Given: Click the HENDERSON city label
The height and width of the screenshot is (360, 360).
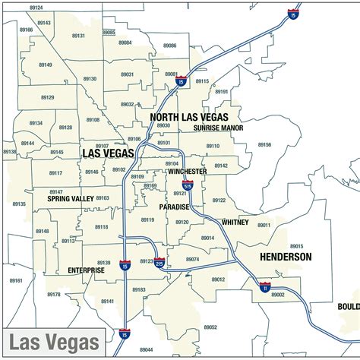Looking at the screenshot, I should [286, 257].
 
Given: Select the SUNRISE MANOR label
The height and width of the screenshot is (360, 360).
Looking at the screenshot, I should [218, 128].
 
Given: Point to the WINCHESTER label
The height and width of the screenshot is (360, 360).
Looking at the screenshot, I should [185, 172].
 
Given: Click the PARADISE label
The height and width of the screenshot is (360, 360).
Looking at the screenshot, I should [174, 207].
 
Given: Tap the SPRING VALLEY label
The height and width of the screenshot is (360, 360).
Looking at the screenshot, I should [70, 198].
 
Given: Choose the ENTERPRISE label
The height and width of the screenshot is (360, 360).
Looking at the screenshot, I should [87, 270].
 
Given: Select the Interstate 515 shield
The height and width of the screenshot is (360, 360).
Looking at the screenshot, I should [188, 185].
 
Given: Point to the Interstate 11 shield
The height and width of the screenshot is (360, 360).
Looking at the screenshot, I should [264, 288].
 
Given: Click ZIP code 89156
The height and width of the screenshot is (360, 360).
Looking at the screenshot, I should [264, 144].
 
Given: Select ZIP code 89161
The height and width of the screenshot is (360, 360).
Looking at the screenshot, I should [16, 280].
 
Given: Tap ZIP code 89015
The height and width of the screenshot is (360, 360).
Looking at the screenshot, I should [296, 246].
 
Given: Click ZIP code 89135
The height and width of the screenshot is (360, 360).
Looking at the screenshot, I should [18, 204].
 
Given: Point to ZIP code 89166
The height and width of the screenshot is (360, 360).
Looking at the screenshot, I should [26, 30].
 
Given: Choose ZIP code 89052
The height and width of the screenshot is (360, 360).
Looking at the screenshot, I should [210, 327].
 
